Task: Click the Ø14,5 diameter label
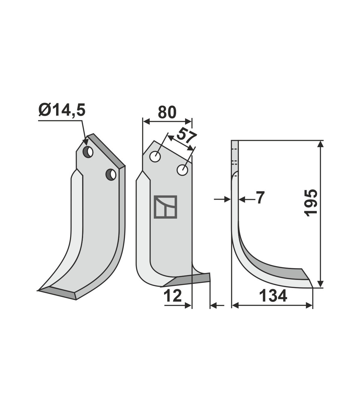tap(62, 110)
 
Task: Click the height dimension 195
tap(310, 203)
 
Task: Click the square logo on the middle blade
tap(165, 207)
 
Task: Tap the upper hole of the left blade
tap(88, 152)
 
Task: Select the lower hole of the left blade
tap(111, 174)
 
